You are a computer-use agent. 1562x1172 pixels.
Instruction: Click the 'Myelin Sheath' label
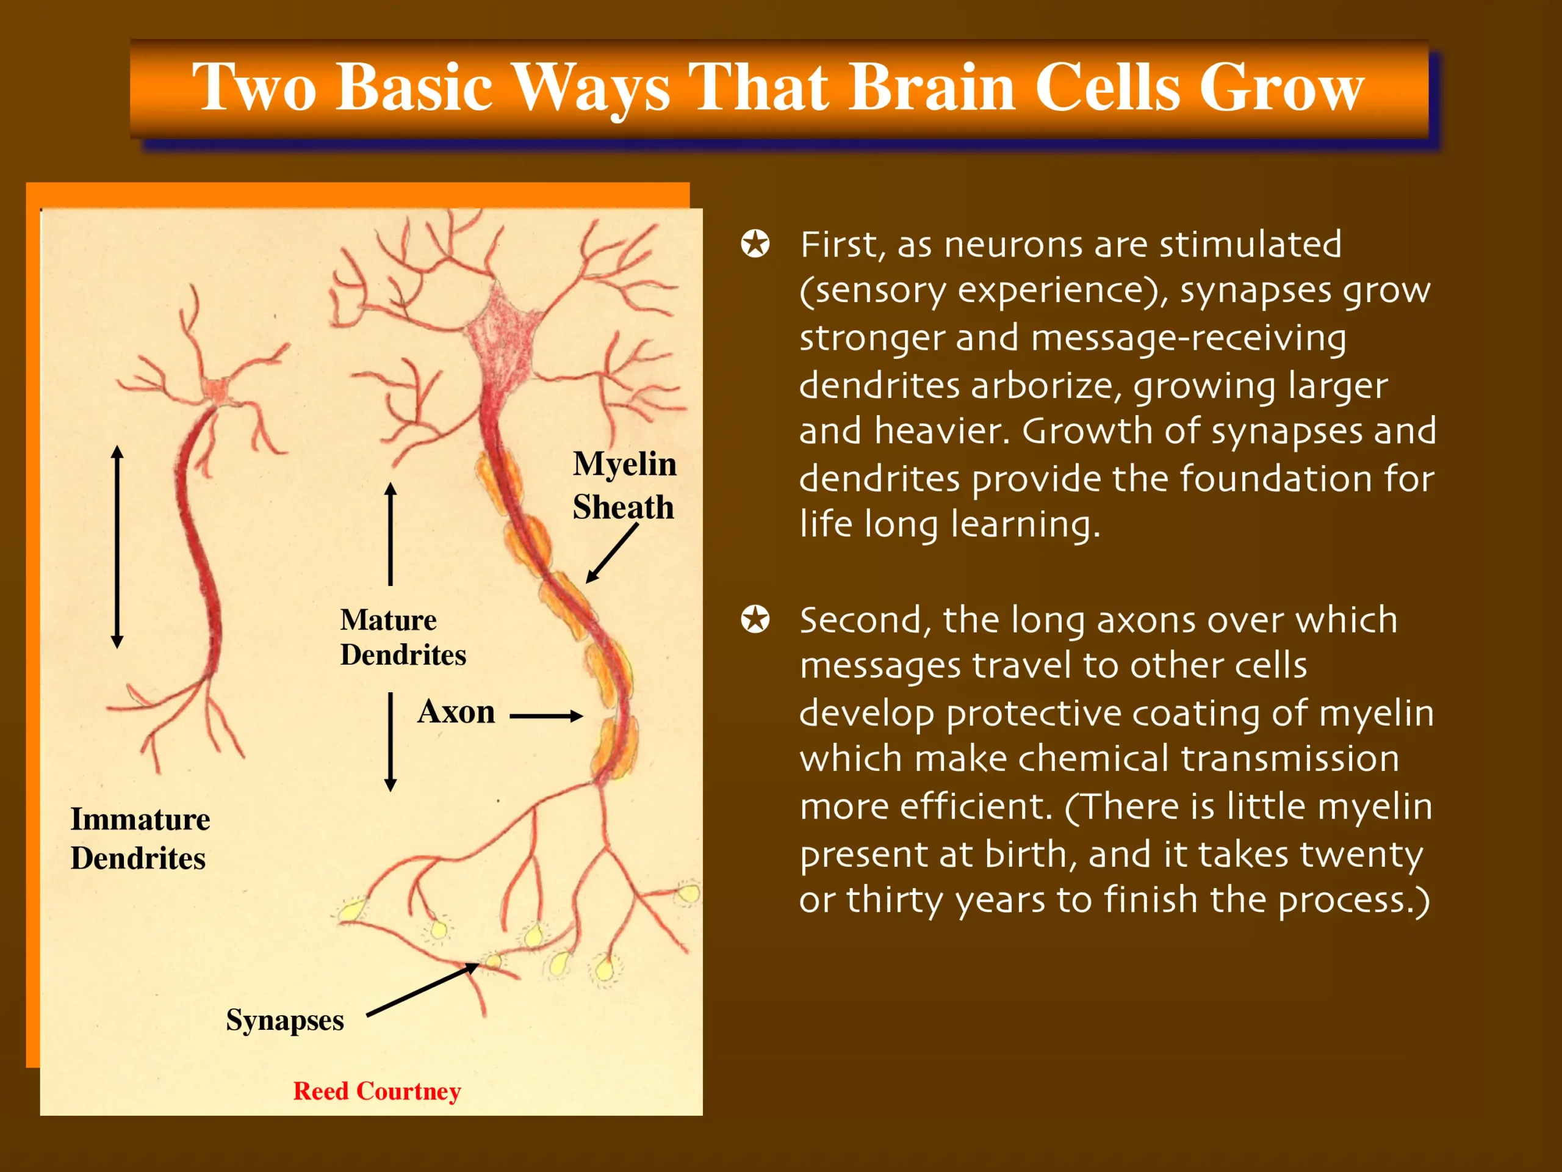624,485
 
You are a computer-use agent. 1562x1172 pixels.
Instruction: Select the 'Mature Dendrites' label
403,637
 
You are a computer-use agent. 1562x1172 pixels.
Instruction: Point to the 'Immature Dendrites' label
140,839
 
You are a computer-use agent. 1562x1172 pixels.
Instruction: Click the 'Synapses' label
284,1020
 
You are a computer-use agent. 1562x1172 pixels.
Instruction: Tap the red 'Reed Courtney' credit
377,1091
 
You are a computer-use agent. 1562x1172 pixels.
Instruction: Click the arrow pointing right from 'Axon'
546,717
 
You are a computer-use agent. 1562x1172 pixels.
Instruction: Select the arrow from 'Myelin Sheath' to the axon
611,553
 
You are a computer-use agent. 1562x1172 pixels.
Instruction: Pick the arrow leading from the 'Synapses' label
422,989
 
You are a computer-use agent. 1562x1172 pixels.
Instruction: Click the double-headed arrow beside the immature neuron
117,547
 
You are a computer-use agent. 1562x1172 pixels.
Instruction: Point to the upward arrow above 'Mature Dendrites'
390,534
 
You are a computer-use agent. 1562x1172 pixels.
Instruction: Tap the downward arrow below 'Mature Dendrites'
390,742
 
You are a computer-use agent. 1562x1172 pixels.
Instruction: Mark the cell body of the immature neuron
215,391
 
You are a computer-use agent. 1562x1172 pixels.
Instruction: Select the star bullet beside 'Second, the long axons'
755,620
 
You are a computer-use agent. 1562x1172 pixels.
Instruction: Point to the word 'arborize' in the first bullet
1046,386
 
